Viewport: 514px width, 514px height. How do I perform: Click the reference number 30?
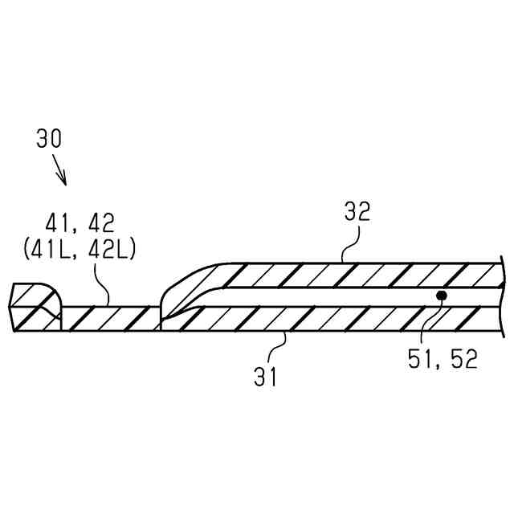pos(49,139)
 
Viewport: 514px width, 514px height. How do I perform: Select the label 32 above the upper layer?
pos(357,211)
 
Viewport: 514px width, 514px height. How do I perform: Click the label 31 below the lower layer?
pos(265,377)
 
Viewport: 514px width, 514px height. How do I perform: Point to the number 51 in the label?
pos(420,359)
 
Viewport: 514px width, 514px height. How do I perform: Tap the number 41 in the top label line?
pos(58,223)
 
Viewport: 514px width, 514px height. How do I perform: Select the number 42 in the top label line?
pos(101,223)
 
